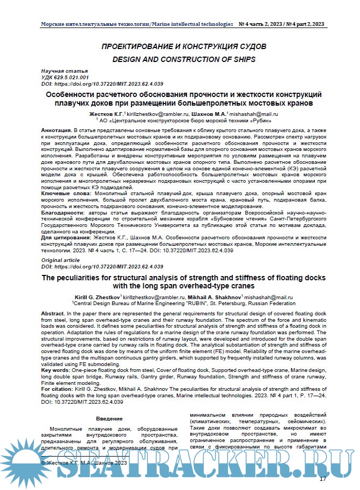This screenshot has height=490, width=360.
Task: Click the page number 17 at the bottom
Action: point(323,479)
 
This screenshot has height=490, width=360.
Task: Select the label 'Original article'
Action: point(61,260)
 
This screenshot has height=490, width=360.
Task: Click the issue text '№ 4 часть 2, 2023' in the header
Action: point(261,24)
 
